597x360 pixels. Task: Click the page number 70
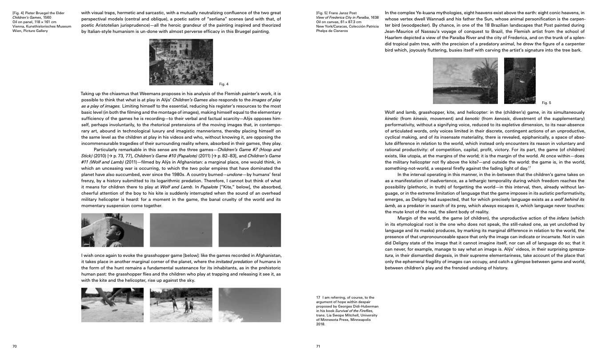[14, 346]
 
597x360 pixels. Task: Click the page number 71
[318, 346]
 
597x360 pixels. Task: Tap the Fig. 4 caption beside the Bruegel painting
[224, 84]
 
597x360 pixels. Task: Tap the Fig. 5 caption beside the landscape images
[546, 103]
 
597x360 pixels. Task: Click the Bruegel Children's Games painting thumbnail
[181, 62]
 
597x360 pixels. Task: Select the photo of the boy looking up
[112, 230]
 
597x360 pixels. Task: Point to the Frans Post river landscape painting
[465, 81]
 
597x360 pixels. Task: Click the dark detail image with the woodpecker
[520, 81]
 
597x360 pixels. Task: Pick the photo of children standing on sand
[181, 305]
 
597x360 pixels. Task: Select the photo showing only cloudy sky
[249, 305]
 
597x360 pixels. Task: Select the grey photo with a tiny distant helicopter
[181, 230]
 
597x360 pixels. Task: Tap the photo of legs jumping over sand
[112, 305]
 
